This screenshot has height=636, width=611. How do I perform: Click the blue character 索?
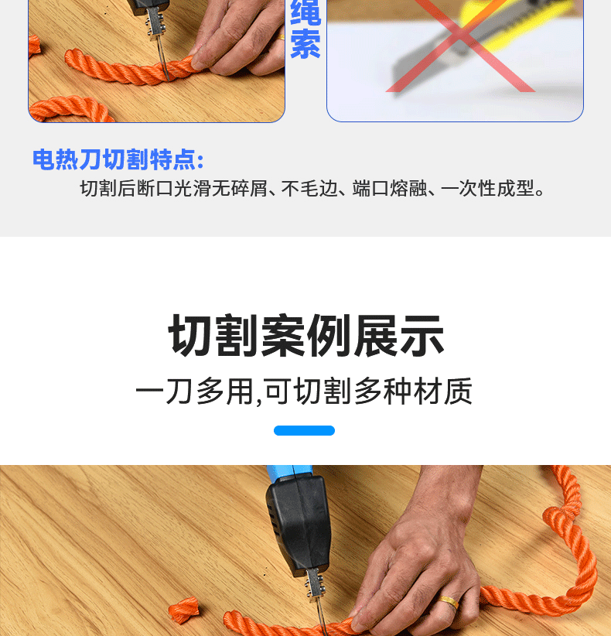click(x=305, y=46)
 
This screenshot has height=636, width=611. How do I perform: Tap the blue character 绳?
click(x=305, y=13)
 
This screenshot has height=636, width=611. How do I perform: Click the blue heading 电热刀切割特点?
click(x=118, y=159)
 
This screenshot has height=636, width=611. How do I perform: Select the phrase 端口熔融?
click(x=389, y=189)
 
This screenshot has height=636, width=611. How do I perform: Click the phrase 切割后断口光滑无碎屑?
click(x=172, y=189)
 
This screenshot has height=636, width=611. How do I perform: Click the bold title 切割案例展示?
click(x=305, y=336)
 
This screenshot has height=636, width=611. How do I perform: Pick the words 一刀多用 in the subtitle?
click(x=193, y=392)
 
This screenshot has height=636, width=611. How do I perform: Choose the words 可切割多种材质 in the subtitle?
click(x=367, y=392)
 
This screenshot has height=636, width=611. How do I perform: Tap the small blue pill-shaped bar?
click(x=304, y=430)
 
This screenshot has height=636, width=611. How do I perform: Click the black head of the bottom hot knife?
click(x=298, y=526)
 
